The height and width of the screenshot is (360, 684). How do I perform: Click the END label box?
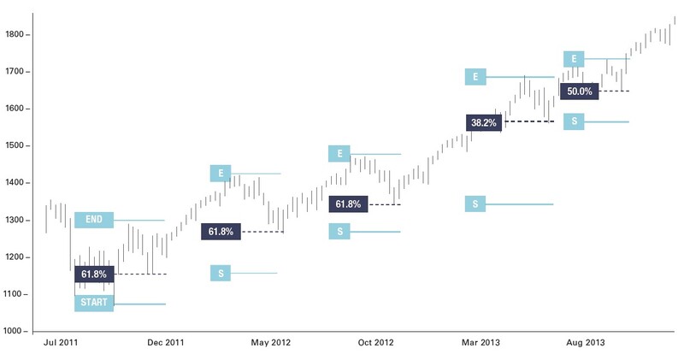(x=94, y=220)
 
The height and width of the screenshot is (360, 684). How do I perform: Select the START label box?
(x=94, y=304)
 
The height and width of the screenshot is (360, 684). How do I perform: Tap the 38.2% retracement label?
(x=482, y=122)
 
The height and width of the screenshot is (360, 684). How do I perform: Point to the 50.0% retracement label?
(x=579, y=91)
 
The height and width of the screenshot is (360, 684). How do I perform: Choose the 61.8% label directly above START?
(x=94, y=274)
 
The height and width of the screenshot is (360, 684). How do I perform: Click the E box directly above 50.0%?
(x=574, y=59)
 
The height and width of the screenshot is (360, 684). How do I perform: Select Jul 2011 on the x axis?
(x=62, y=343)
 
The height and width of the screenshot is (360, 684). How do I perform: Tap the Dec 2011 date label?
(x=166, y=343)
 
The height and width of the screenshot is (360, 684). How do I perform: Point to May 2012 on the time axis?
(x=270, y=343)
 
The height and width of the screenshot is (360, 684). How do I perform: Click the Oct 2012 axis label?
(x=375, y=343)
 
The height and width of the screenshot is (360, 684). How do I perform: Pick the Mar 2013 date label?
(x=481, y=343)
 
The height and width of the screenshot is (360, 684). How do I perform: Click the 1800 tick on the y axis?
(x=16, y=35)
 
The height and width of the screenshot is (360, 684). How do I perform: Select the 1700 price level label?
(x=16, y=72)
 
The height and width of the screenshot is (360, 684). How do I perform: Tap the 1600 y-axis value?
(x=16, y=109)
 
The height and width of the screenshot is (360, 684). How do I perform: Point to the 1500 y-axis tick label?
(x=16, y=146)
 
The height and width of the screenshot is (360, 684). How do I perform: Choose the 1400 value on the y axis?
(x=16, y=183)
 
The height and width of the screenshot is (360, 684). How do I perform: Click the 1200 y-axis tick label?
(x=16, y=257)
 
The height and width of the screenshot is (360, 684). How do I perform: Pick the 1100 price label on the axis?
(x=16, y=294)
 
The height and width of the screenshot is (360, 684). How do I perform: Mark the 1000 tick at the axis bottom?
(x=16, y=331)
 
